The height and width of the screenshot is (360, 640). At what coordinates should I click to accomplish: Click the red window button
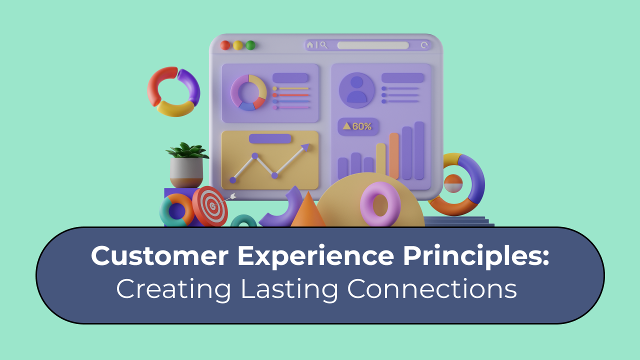(225, 45)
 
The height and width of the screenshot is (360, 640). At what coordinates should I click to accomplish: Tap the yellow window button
(238, 45)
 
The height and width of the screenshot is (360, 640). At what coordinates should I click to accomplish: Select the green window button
(250, 45)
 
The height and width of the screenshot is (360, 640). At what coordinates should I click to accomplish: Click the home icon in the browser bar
(310, 45)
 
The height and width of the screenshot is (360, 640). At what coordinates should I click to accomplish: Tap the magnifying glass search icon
(323, 45)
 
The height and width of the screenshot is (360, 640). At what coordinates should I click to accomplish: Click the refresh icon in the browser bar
(424, 45)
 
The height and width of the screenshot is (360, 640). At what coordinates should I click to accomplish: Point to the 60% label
(358, 126)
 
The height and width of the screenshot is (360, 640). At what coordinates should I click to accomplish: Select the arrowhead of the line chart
(305, 147)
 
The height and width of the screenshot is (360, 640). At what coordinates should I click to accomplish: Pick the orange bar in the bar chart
(394, 155)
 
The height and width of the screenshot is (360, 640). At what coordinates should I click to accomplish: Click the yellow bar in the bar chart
(381, 160)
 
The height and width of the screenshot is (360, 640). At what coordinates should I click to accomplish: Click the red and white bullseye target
(210, 206)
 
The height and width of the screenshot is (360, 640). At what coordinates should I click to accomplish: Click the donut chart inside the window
(248, 92)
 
